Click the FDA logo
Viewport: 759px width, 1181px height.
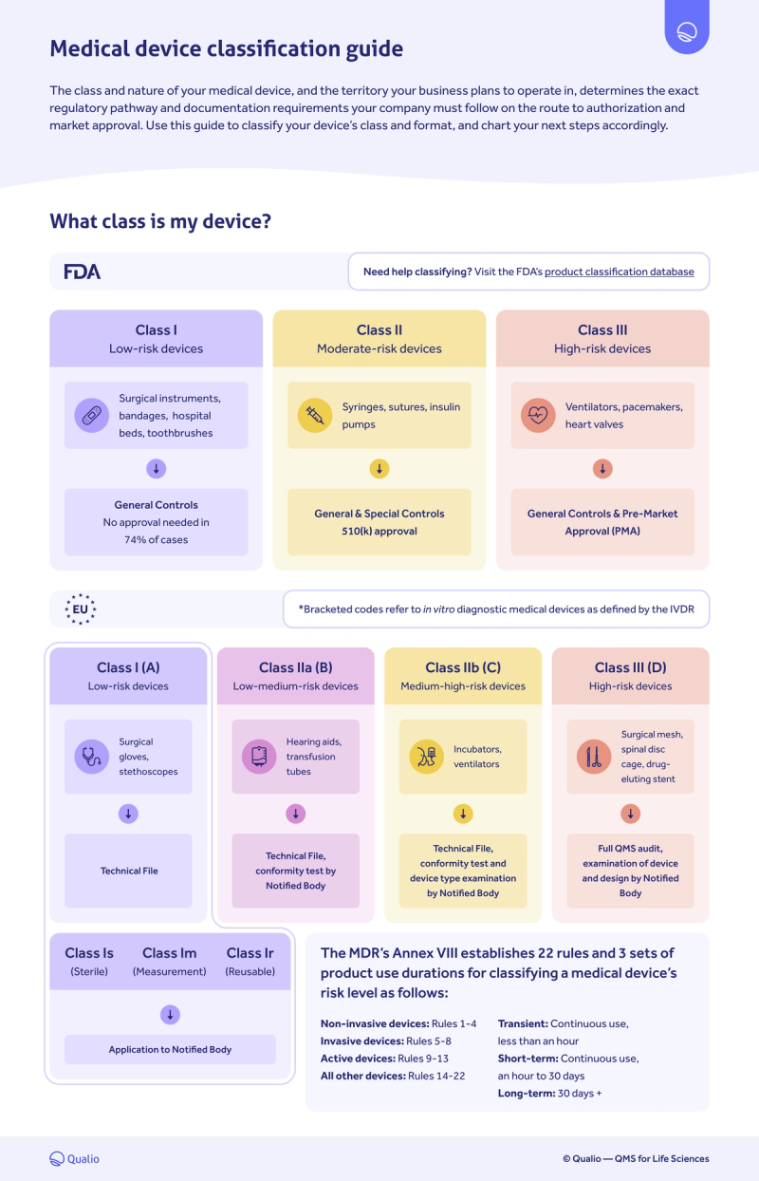pos(83,272)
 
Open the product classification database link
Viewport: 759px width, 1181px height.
pos(619,272)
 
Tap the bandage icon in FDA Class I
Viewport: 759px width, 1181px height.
pos(92,416)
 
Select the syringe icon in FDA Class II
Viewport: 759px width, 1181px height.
pos(315,416)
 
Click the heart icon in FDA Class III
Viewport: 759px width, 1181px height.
pos(538,416)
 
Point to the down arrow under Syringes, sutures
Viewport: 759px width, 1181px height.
pos(379,469)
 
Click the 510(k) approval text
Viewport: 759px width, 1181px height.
pos(379,531)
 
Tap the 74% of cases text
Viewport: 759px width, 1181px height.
pos(156,539)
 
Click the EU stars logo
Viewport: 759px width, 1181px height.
pos(80,609)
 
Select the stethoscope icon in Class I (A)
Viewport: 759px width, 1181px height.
pos(92,757)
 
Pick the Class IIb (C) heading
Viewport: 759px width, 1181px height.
pos(463,667)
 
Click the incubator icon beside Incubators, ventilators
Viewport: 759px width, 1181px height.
pos(427,757)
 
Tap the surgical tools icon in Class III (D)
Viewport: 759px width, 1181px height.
pos(594,757)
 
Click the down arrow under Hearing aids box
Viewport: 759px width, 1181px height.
pos(295,814)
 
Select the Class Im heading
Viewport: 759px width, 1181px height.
pos(170,953)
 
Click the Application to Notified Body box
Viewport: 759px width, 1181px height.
pos(170,1049)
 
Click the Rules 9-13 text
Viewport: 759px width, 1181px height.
pos(423,1059)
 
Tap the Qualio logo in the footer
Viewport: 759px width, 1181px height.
pos(74,1158)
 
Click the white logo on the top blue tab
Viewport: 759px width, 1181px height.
pos(687,31)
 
